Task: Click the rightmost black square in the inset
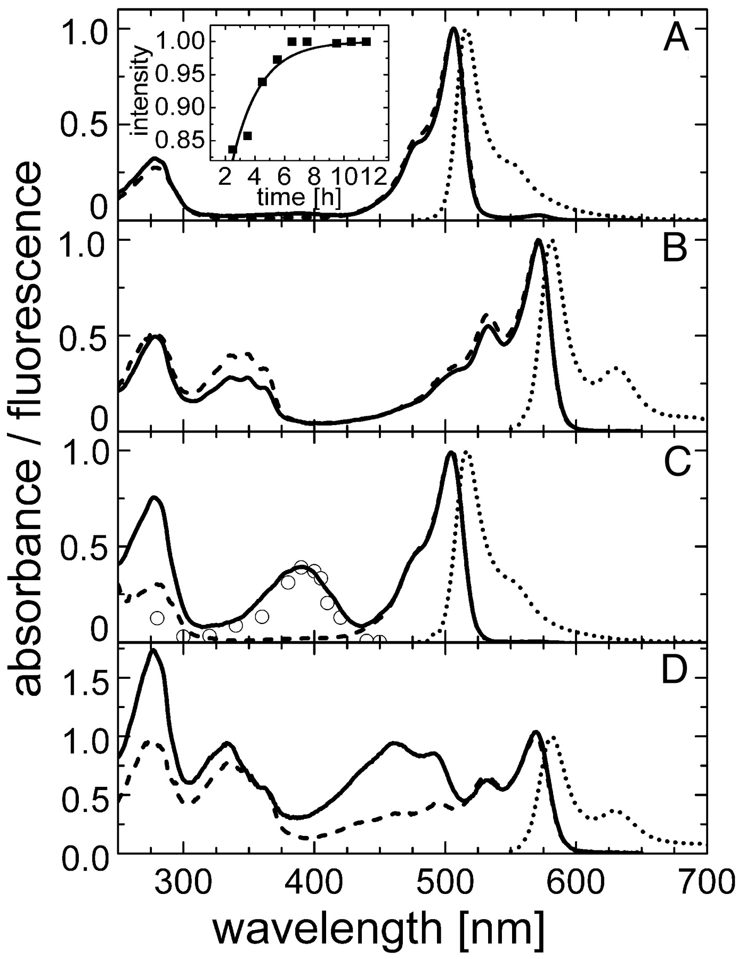click(x=366, y=42)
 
